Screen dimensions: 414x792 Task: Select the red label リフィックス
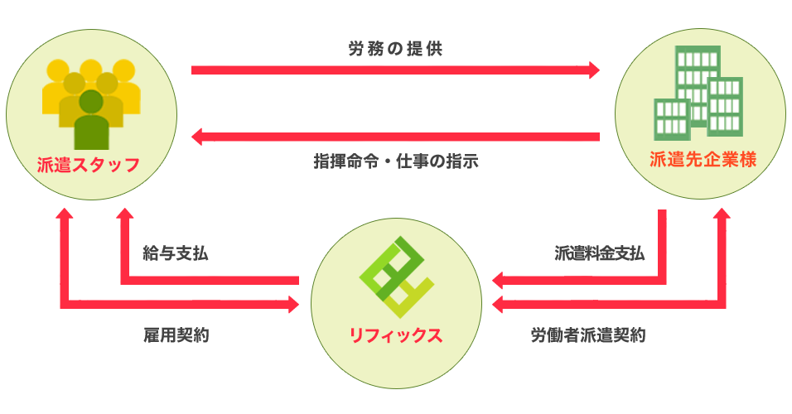pos(395,335)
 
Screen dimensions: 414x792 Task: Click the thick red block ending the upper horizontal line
pos(538,70)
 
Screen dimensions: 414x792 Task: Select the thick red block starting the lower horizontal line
pos(248,137)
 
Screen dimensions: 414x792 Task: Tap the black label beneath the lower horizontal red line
pos(395,161)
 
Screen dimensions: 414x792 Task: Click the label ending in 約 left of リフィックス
pos(176,335)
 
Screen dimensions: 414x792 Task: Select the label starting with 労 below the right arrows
pos(588,335)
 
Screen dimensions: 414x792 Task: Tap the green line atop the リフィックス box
pos(398,215)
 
